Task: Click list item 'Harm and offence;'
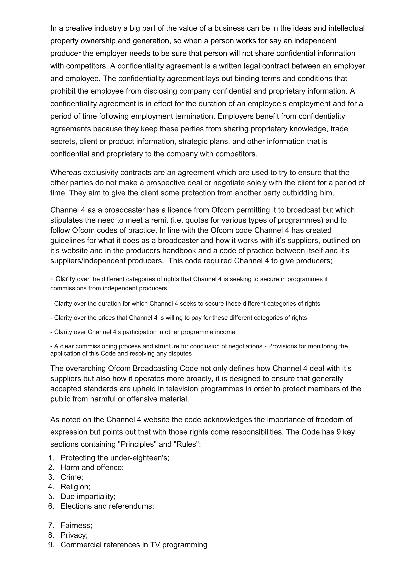[92, 467]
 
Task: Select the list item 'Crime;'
[72, 477]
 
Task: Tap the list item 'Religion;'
[75, 487]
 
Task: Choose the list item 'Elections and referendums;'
[107, 506]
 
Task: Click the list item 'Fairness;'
[76, 525]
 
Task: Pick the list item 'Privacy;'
[74, 535]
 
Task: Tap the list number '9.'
[51, 545]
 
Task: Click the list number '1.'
[51, 458]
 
